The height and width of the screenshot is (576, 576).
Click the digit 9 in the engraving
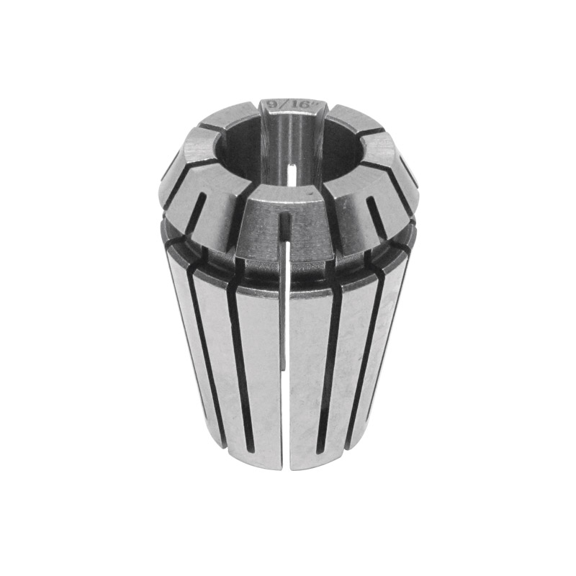[x=273, y=104]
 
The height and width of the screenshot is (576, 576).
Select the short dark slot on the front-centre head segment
[x=284, y=230]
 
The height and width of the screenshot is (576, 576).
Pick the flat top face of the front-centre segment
[x=283, y=194]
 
